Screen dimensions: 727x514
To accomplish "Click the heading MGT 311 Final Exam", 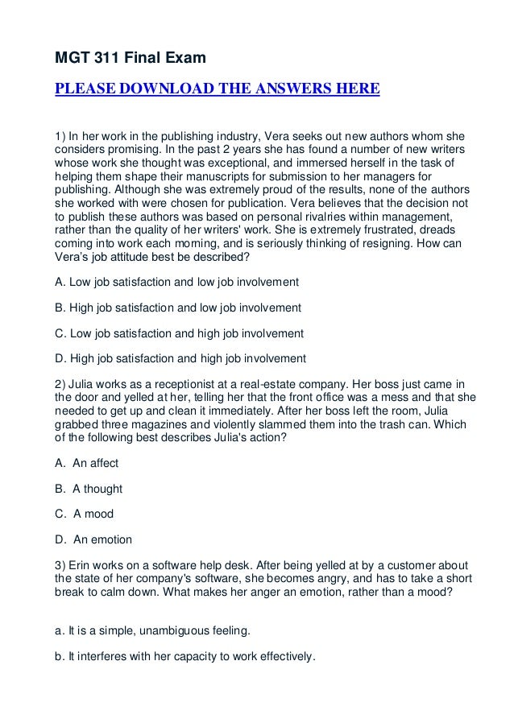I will pos(130,58).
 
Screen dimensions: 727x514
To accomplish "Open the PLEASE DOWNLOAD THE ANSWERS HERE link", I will pos(216,88).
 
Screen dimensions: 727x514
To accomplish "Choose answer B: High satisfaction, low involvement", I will pos(178,308).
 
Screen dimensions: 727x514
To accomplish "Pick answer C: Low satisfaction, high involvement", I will pos(179,333).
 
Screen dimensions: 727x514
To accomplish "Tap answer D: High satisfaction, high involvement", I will pos(180,357).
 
